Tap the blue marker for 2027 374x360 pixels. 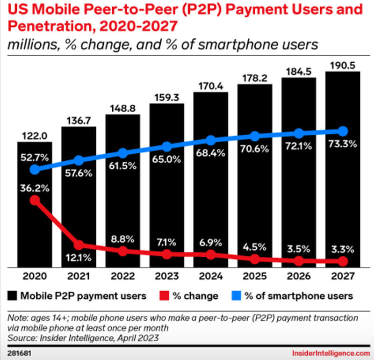click(343, 130)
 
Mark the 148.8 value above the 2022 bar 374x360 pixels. click(122, 107)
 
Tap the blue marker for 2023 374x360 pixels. click(166, 146)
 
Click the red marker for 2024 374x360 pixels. click(210, 255)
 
